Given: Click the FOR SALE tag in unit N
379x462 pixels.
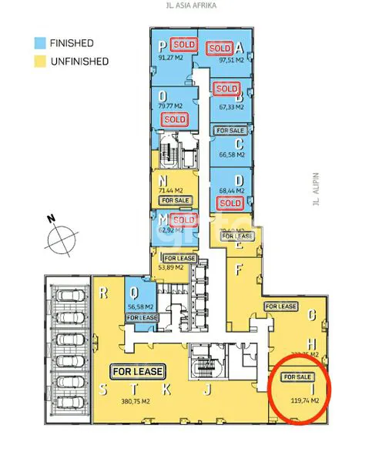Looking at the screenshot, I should [176, 200].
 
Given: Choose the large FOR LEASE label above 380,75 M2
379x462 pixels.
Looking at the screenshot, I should [138, 371].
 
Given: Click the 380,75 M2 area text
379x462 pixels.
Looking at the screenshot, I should [137, 400].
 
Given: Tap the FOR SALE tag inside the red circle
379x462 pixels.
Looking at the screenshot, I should [297, 377].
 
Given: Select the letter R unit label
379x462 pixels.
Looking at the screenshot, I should [102, 293].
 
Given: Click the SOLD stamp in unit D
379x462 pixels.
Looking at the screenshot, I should [229, 203].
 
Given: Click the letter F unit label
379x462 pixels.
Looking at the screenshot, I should [239, 269].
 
